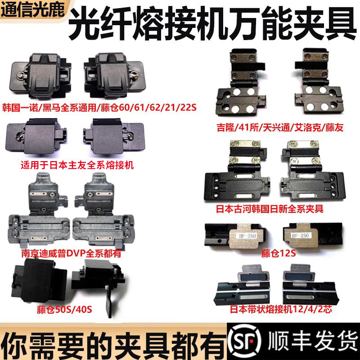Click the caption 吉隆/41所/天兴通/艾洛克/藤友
coord(279,129)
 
